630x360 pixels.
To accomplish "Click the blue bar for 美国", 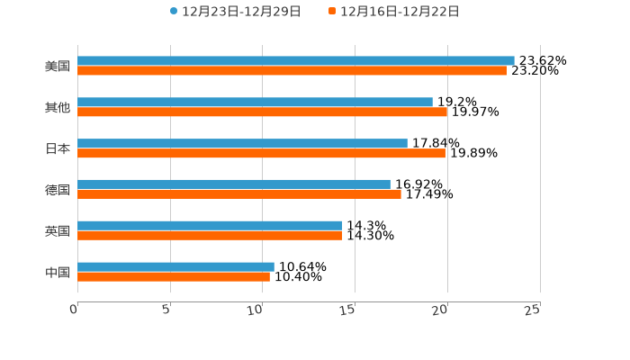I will [296, 61].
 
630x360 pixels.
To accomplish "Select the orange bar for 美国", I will [292, 71].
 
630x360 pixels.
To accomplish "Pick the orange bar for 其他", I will [262, 112].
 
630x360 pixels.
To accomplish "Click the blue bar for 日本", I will [242, 144].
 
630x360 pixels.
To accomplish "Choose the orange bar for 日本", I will [261, 154].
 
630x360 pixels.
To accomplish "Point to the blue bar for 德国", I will [234, 184].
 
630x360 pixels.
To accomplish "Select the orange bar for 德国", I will [239, 194].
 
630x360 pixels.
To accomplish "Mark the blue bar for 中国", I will [175, 267].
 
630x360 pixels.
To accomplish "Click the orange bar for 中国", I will [174, 277].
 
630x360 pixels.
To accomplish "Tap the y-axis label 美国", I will [58, 67].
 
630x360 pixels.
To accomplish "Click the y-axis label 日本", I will [58, 148].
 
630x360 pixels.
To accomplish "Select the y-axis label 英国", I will [58, 231].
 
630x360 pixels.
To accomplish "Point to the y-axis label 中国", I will [58, 272].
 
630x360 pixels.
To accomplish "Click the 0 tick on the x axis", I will [75, 310].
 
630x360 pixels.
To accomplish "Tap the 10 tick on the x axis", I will [256, 310].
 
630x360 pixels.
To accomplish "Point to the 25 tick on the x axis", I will [532, 310].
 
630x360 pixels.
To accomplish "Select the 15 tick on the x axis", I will [349, 310].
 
